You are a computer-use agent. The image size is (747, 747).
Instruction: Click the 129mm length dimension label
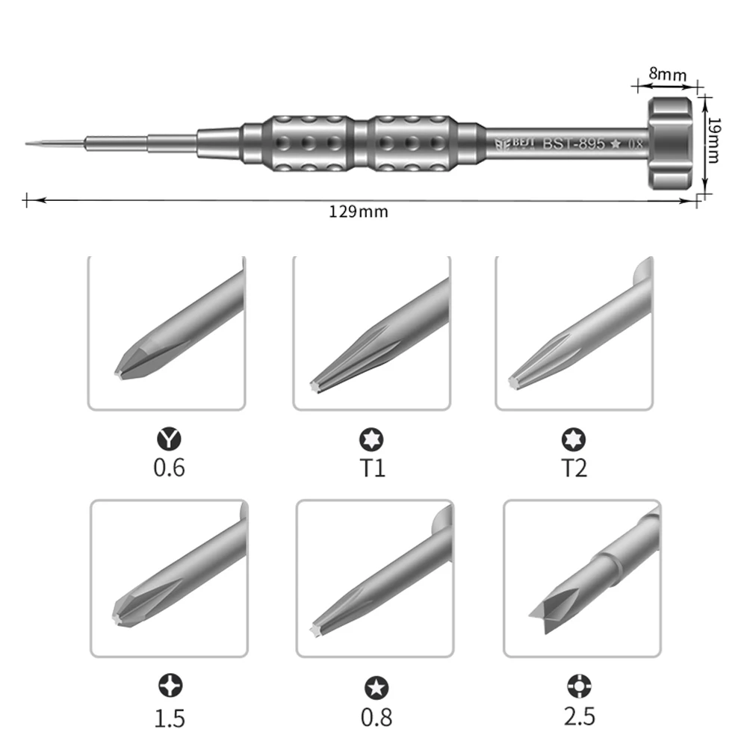point(359,211)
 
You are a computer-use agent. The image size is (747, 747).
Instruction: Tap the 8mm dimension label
point(667,74)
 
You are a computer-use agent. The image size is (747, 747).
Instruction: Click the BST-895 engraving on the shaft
point(573,143)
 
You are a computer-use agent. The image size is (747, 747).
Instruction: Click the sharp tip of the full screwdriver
point(28,142)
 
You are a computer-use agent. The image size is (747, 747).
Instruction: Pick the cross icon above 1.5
point(170,684)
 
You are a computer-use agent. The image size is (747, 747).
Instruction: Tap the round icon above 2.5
point(580,684)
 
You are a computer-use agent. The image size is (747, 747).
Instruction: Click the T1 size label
point(371,468)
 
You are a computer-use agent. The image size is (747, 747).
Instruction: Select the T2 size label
point(574,468)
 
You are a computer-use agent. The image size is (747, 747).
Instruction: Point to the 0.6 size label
point(169,468)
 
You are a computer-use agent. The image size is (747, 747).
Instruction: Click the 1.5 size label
point(170,717)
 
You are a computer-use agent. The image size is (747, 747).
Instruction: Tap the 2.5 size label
point(580,716)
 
